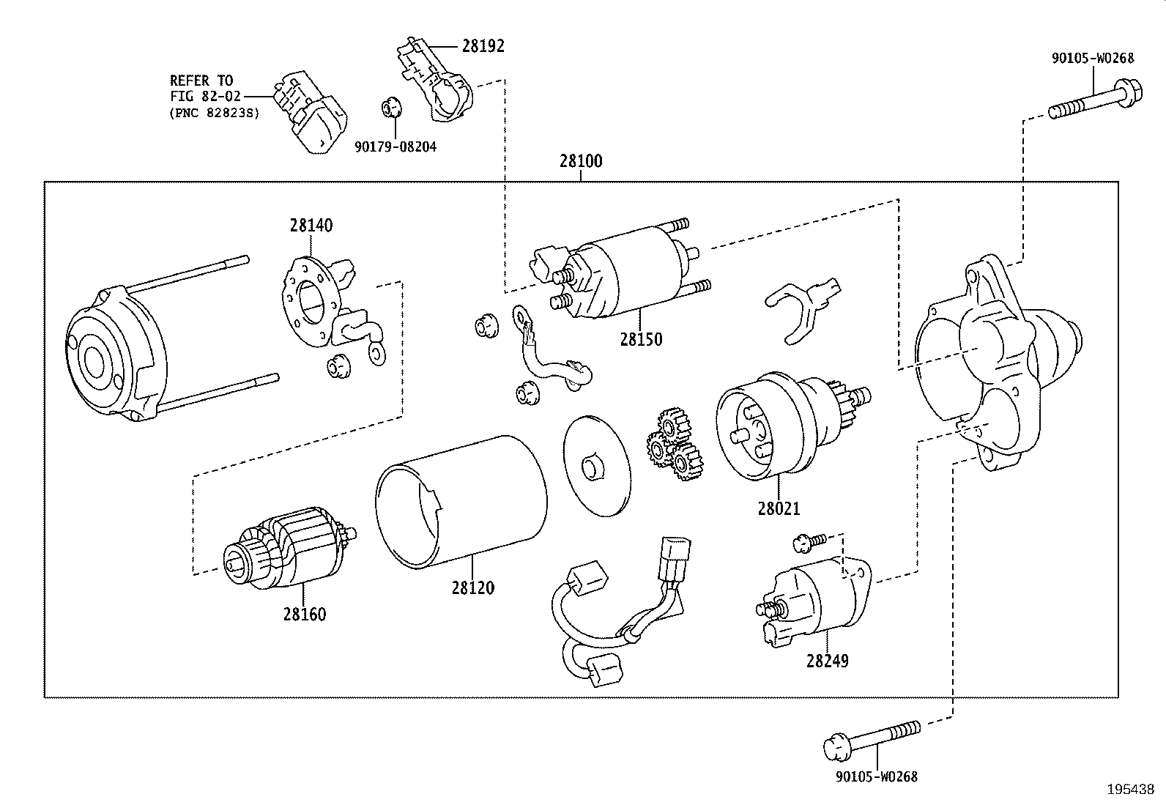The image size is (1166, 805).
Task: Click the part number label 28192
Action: coord(483,46)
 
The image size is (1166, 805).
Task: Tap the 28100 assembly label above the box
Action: coord(581,161)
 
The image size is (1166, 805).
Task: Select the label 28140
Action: coord(311,226)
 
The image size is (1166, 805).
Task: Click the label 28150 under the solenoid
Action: coord(641,339)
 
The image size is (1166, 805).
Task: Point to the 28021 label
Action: coord(779,508)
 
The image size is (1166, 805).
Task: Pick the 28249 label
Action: coord(828,661)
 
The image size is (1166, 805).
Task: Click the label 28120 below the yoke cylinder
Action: coord(472,587)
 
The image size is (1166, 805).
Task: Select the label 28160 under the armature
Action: coord(305,614)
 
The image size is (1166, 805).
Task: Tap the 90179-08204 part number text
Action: coord(396,147)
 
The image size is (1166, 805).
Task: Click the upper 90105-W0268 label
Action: coord(1093,59)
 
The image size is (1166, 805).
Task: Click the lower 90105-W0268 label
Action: coord(876,776)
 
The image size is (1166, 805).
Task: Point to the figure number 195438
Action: coord(1130,790)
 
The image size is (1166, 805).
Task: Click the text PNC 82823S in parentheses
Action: coord(214,114)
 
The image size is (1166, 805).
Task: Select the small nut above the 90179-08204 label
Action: coord(392,108)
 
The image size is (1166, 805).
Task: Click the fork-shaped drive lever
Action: coord(802,308)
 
